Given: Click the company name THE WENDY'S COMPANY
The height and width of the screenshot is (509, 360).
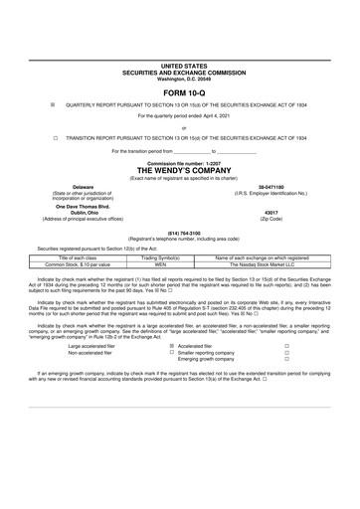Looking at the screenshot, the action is point(180,171).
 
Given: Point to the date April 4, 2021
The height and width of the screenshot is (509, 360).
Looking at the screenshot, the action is point(202,115).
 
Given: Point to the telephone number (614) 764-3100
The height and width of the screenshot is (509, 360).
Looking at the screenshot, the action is point(180,235).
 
